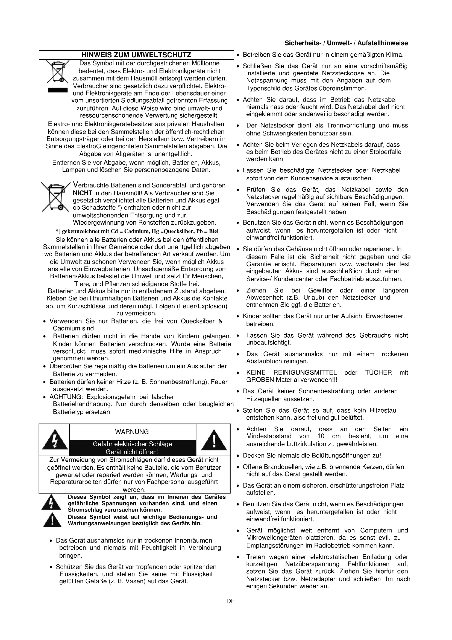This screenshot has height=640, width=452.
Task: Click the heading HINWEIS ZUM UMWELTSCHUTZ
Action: pos(136,55)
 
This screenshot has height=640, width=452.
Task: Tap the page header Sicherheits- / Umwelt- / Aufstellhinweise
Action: pos(346,43)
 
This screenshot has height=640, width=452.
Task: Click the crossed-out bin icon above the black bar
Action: pos(58,71)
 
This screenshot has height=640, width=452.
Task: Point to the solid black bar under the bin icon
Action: pos(58,90)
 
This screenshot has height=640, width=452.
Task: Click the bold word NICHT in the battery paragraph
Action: pos(82,193)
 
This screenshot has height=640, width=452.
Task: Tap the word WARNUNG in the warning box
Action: pos(132,432)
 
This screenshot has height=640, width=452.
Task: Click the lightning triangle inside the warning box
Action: pos(55,440)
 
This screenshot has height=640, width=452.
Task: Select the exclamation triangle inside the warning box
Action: pos(213,440)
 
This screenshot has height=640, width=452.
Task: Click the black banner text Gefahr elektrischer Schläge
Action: pos(132,444)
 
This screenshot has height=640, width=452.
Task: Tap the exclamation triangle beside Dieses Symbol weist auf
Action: pos(52,520)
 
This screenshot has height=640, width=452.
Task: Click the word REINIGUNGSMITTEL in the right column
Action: pos(305,372)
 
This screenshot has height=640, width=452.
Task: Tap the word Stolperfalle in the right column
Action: pos(385,152)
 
